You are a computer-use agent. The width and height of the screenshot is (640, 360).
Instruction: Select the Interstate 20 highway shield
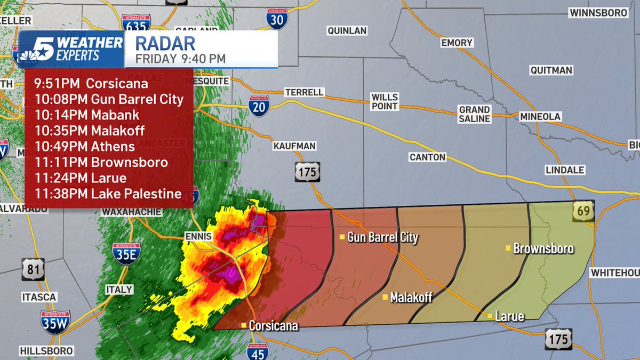259,105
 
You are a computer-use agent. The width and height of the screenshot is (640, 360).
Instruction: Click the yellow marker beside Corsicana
243,325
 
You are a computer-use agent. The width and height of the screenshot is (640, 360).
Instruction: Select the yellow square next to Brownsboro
508,248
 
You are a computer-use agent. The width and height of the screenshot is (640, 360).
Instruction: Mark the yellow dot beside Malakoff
385,297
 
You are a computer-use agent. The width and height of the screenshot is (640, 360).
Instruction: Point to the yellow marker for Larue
490,316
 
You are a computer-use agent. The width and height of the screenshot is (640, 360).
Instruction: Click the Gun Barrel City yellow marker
342,237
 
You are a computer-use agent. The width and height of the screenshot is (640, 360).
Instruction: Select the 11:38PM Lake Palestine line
108,194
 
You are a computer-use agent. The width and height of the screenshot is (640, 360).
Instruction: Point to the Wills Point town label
385,101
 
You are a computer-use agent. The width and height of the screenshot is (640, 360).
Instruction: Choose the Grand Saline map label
474,114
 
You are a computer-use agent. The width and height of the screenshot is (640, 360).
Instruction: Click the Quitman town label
551,70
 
